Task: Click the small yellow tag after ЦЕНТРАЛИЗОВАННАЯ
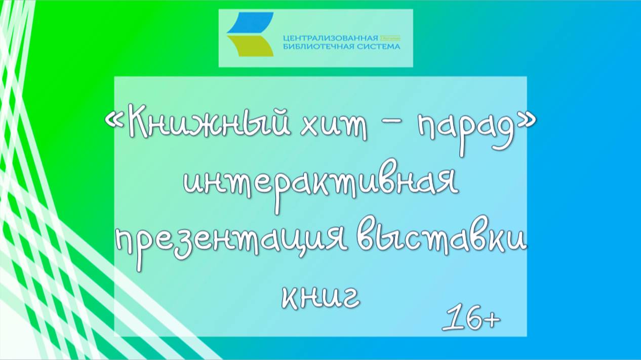coord(390,38)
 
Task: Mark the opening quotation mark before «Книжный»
coord(113,123)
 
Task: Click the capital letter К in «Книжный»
coord(138,123)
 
